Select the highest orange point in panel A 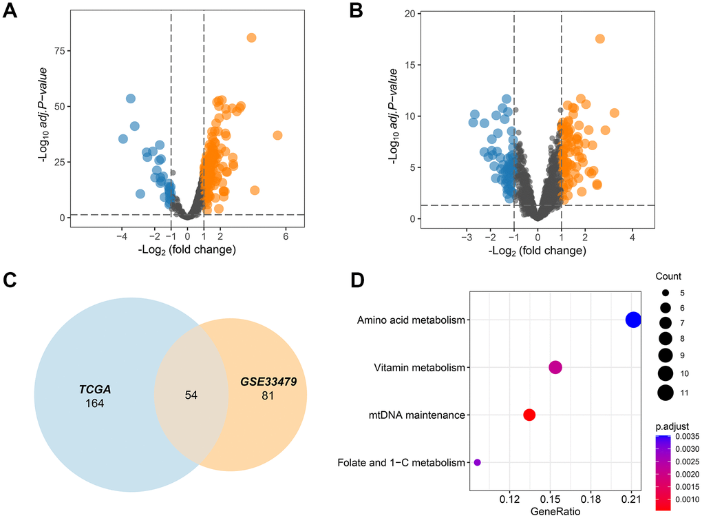251,37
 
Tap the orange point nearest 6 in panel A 277,135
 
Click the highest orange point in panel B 599,39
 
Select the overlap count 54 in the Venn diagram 192,395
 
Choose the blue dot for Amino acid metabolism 633,320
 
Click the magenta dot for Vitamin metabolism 555,367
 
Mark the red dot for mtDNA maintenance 529,415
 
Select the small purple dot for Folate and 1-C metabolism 477,462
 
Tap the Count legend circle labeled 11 666,393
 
